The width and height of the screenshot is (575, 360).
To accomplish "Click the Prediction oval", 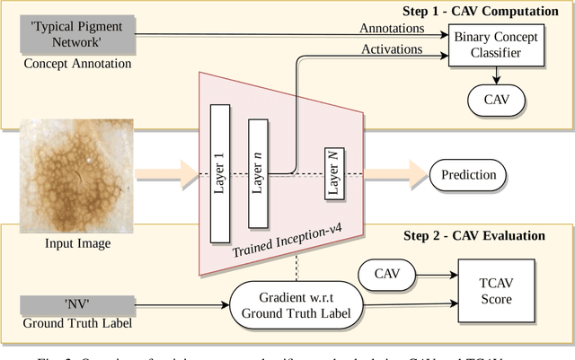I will click(468, 173).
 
